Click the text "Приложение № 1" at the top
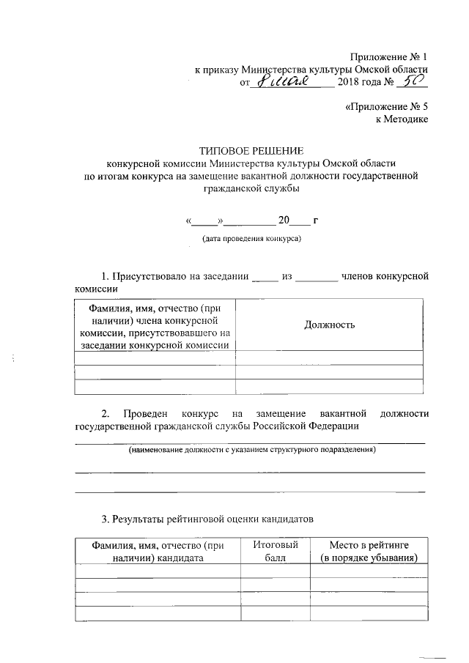(x=388, y=56)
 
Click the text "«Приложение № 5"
(x=385, y=106)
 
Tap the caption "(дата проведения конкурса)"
(x=251, y=239)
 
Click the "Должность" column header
(x=329, y=325)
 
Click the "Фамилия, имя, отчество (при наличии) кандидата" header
(x=157, y=551)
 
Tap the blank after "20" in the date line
(x=300, y=219)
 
